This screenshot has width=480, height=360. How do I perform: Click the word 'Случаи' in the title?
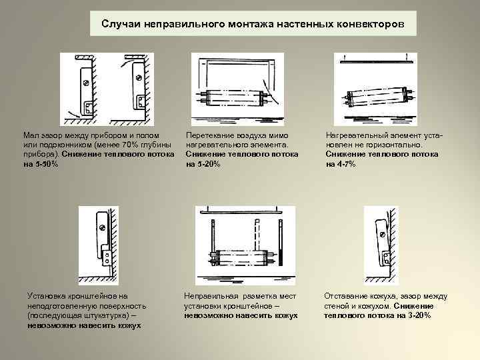(119, 24)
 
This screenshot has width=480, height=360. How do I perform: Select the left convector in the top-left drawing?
(87, 87)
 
